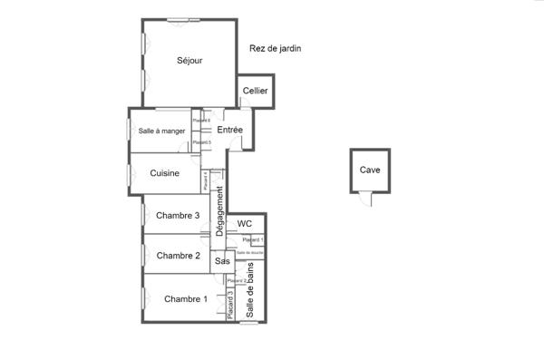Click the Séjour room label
pos(189,61)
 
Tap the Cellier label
pos(255,92)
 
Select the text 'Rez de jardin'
pos(275,49)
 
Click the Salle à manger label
pos(161,131)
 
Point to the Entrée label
pos(229,131)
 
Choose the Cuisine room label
pos(164,173)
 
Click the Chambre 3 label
pos(178,216)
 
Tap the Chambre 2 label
pos(178,256)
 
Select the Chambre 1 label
pos(186,299)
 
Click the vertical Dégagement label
pos(219,212)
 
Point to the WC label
pos(244,224)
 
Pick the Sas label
pos(222,261)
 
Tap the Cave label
pos(370,170)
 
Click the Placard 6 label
pos(201,121)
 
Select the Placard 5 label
pos(202,142)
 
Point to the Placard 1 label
pos(253,239)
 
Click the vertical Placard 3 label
pos(230,303)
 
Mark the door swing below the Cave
pos(366,199)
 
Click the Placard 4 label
pos(206,180)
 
